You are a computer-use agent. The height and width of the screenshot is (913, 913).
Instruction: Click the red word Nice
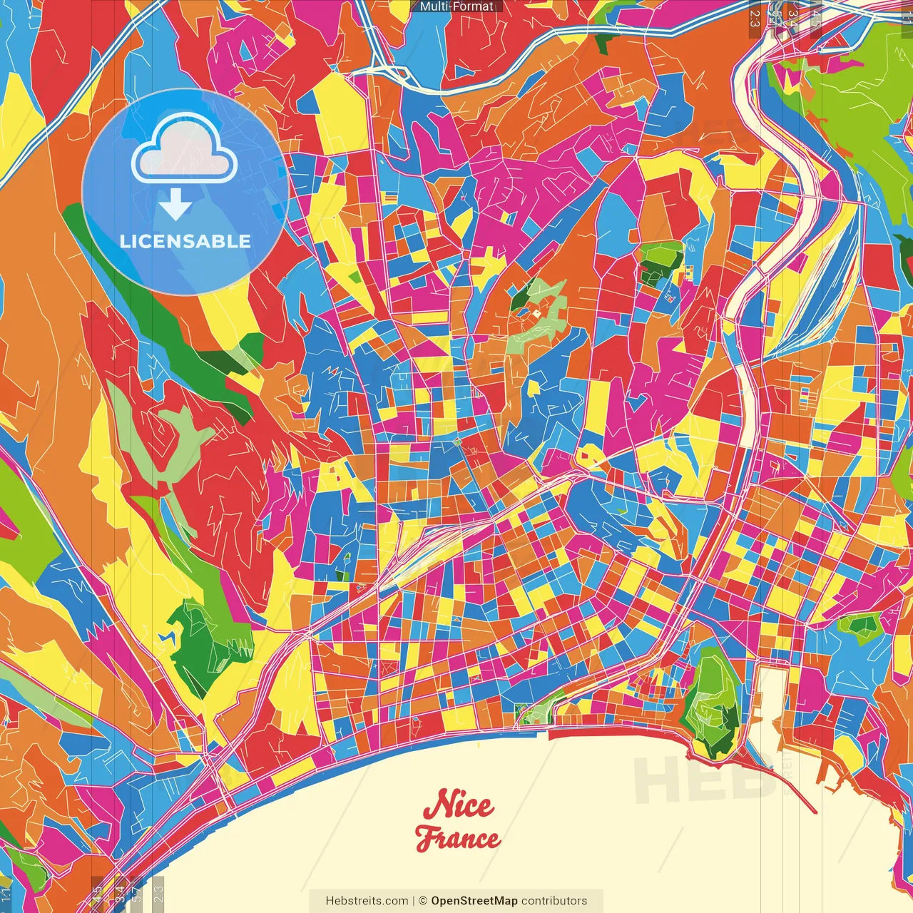(x=458, y=805)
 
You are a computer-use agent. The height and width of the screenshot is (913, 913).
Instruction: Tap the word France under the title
(x=458, y=838)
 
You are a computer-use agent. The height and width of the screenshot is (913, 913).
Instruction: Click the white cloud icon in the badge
(x=184, y=151)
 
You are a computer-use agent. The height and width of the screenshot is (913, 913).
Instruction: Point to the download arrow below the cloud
(x=175, y=205)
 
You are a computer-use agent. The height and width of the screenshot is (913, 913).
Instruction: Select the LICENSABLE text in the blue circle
(x=185, y=241)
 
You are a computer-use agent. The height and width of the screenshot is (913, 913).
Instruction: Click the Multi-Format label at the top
(x=456, y=6)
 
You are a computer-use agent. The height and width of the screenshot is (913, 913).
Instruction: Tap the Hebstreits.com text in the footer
(x=367, y=901)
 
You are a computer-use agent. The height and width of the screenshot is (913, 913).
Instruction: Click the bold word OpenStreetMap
(x=474, y=901)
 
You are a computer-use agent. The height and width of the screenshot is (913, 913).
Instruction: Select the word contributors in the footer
(x=554, y=901)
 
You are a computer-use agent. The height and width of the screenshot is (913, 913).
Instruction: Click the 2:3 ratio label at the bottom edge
(x=158, y=893)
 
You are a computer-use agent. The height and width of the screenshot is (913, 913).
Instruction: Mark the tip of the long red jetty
(x=815, y=811)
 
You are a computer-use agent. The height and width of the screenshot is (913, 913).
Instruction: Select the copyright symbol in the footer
(x=423, y=901)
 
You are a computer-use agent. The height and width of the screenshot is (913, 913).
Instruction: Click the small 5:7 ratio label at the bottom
(x=136, y=893)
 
